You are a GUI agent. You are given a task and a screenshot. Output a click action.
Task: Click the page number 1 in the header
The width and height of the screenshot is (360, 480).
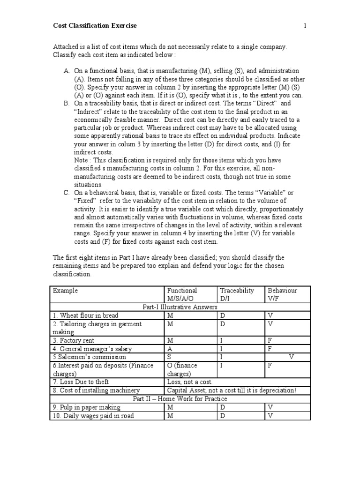pos(305,26)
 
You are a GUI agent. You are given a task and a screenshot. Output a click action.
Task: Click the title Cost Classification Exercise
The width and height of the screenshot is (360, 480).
pos(95,26)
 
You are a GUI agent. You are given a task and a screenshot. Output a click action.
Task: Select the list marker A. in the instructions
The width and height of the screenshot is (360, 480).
pos(67,71)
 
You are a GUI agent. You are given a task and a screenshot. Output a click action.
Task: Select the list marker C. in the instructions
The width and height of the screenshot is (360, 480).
pos(67,193)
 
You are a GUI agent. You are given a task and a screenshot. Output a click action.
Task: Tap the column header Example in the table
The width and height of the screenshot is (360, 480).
pos(66,291)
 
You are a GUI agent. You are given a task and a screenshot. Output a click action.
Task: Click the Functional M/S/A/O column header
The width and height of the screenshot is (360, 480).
pos(182,294)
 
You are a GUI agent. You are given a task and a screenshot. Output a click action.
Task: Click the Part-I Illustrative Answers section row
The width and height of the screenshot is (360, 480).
pos(180,307)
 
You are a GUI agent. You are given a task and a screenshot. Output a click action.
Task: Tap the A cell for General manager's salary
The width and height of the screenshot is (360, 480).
pos(170,349)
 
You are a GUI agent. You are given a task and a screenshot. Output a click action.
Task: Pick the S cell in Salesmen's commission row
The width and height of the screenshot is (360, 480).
pos(169,357)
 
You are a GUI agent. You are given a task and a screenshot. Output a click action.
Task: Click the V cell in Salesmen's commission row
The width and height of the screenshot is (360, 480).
pos(291,357)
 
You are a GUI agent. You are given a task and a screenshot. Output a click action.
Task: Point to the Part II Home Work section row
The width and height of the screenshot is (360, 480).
pos(180,399)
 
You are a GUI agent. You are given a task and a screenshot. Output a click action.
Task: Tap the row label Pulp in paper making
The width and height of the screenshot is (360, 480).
pos(87,407)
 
